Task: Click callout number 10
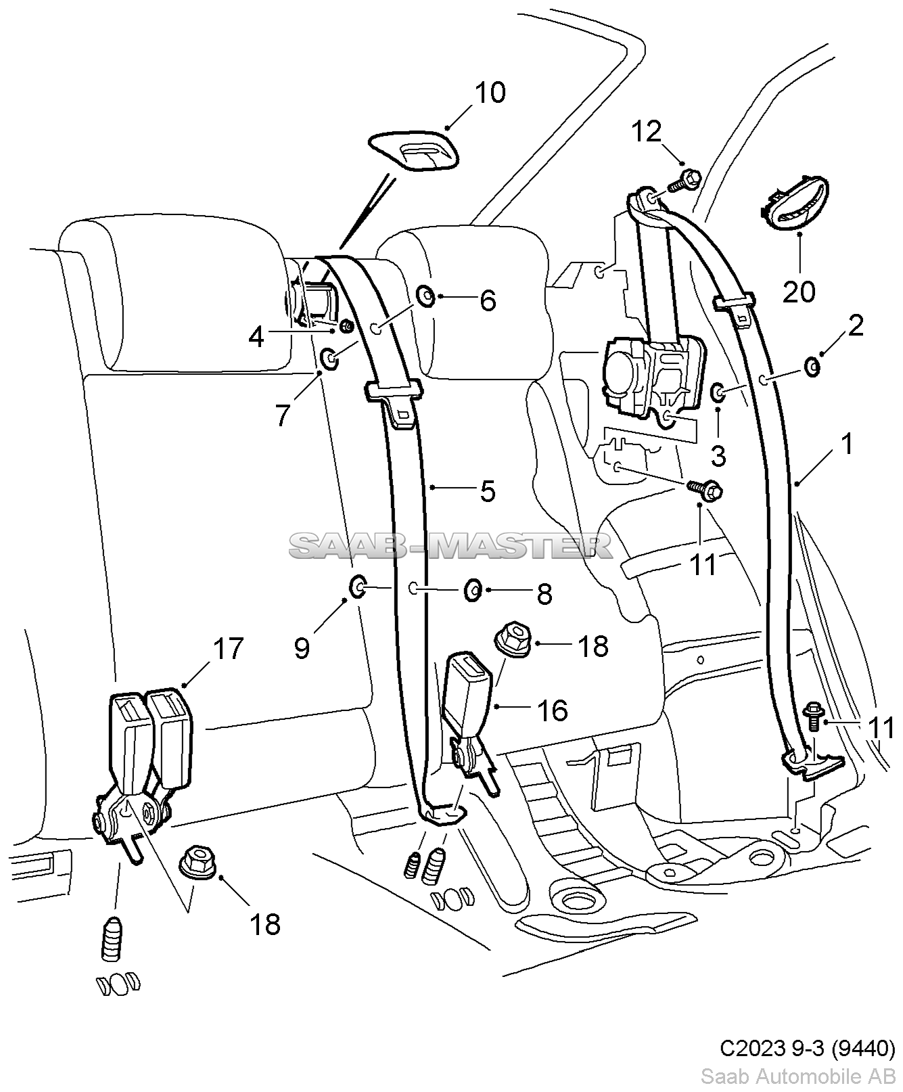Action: point(490,93)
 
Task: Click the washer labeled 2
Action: point(812,367)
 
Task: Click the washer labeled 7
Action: point(330,359)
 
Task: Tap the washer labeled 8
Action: point(472,590)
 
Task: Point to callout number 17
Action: point(228,649)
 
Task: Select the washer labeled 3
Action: point(718,391)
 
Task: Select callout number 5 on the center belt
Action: point(488,491)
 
